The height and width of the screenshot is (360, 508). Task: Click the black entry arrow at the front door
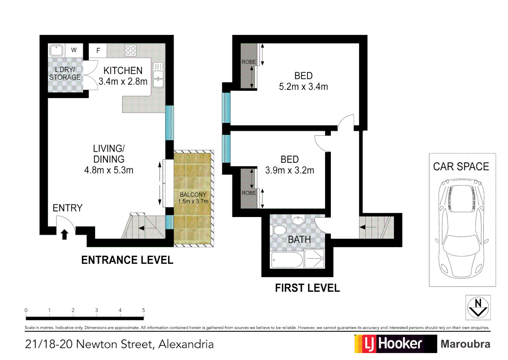65,234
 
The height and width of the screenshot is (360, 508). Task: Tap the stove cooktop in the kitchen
130,51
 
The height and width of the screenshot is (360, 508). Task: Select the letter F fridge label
98,51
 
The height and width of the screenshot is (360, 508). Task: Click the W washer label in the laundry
74,50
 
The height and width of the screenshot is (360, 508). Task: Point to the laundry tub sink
56,51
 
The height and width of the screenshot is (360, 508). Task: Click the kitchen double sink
158,75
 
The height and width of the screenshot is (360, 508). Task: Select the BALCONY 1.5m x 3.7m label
193,198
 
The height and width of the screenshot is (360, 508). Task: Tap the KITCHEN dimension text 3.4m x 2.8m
123,81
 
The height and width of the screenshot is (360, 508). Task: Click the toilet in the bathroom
279,230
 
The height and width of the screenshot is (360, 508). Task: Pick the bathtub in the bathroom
287,260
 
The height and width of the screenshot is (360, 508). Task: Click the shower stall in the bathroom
314,258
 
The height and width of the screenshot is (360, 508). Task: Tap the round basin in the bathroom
297,221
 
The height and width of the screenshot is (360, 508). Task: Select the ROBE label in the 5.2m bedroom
249,62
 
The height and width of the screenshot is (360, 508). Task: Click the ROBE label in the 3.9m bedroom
249,193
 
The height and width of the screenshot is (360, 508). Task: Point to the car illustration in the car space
462,228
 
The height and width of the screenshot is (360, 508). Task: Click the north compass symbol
478,307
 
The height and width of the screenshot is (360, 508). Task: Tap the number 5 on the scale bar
144,310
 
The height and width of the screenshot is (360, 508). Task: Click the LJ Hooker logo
395,344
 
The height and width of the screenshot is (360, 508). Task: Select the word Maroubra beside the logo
465,344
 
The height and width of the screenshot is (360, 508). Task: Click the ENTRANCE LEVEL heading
127,260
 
